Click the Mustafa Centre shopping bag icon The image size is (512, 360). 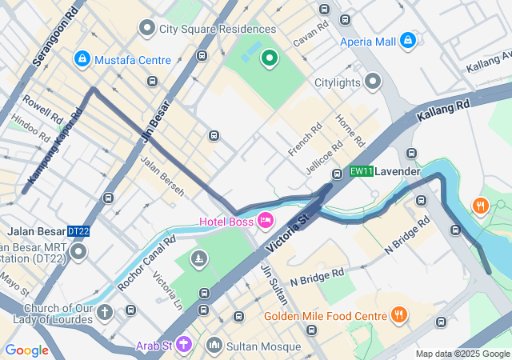pyautogui.click(x=82, y=59)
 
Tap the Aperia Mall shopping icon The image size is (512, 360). pyautogui.click(x=408, y=39)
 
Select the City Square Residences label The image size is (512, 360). pyautogui.click(x=206, y=29)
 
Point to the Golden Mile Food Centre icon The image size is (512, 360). pyautogui.click(x=398, y=315)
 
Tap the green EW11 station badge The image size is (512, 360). pyautogui.click(x=362, y=171)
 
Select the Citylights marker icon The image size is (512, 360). pyautogui.click(x=373, y=82)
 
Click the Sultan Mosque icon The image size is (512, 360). pyautogui.click(x=214, y=346)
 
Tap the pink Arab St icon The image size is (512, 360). pyautogui.click(x=185, y=344)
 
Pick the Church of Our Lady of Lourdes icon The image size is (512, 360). pyautogui.click(x=106, y=312)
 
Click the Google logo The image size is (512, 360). pyautogui.click(x=26, y=350)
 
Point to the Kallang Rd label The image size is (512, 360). pyautogui.click(x=443, y=112)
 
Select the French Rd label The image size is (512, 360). pyautogui.click(x=304, y=138)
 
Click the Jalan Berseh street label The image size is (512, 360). pyautogui.click(x=162, y=175)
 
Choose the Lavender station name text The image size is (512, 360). pyautogui.click(x=398, y=171)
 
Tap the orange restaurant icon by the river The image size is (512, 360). pyautogui.click(x=480, y=205)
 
